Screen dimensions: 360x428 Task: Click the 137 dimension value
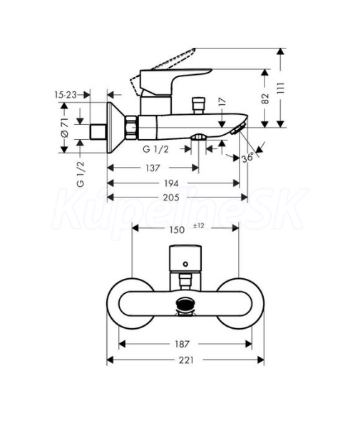coord(153,168)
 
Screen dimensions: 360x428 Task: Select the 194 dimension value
coord(171,183)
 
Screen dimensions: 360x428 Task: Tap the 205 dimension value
coord(171,198)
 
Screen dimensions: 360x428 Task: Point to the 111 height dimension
coord(281,88)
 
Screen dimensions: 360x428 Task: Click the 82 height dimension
coord(265,98)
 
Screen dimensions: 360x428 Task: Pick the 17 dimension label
coord(222,101)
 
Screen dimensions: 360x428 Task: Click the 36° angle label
coord(248,158)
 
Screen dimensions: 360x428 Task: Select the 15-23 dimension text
coord(66,95)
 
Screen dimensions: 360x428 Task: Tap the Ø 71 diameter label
coord(64,128)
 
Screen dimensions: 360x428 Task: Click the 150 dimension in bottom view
coord(177,230)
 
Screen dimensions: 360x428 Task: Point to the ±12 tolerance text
coord(198,225)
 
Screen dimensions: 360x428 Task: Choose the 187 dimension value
coord(182,344)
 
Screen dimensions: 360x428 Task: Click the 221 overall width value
coord(186,360)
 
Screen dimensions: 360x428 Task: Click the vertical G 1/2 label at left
coord(81,174)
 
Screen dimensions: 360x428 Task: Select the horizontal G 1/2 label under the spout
coord(155,149)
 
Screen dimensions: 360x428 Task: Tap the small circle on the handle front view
coord(185,264)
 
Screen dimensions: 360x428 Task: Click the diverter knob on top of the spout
coord(199,106)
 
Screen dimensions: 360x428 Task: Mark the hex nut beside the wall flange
coord(131,128)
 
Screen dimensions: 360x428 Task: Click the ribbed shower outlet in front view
coord(185,304)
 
